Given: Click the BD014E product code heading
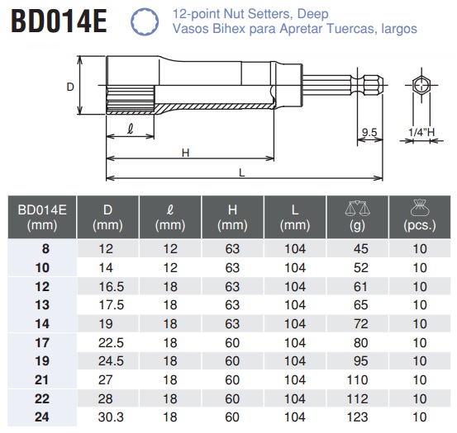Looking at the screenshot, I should coord(60,21).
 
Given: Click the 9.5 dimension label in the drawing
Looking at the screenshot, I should coord(369,131).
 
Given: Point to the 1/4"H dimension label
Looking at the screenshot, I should coord(421,131).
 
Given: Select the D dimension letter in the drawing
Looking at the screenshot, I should coord(70,87).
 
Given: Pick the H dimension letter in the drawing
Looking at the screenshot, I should coord(186,152).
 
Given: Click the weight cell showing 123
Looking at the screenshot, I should coord(359,417).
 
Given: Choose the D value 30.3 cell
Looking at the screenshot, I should coord(107,417).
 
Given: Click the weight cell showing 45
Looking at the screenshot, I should coord(359,249).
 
